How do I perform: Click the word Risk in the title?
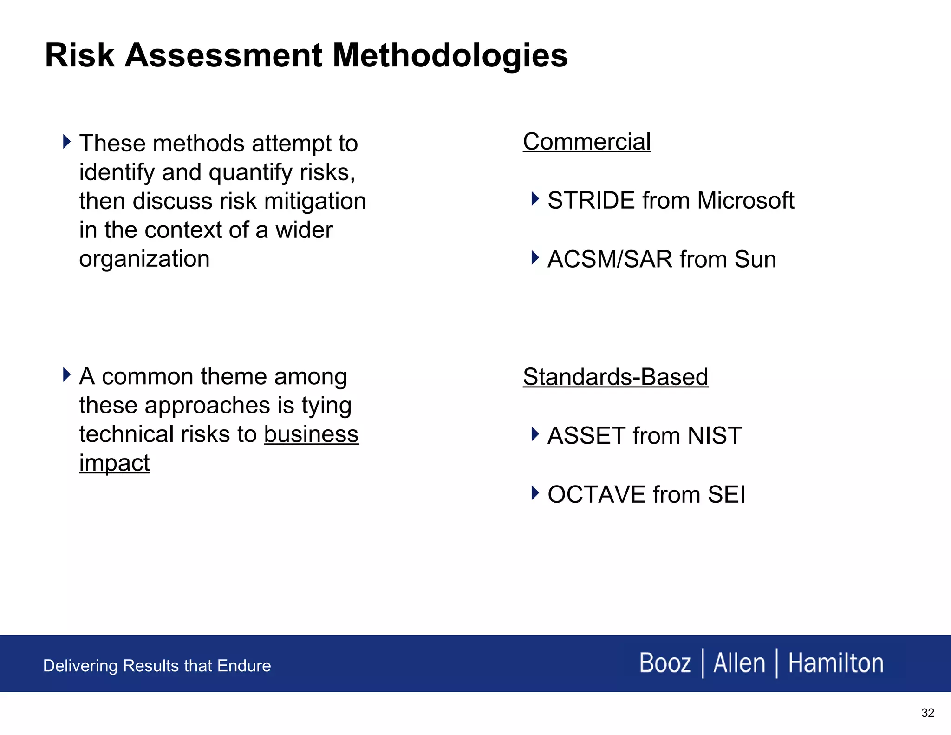[x=79, y=55]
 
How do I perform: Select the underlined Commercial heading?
[x=586, y=142]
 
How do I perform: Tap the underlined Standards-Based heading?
[x=615, y=377]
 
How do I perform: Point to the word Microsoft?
[x=745, y=201]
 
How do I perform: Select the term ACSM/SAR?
[x=609, y=259]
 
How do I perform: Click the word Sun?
[x=755, y=259]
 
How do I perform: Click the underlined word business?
[x=311, y=434]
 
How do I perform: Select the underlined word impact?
[x=114, y=463]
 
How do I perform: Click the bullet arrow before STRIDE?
[x=535, y=199]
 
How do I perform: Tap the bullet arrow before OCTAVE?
[x=535, y=492]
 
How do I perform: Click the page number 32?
[x=927, y=713]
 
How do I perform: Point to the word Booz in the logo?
[x=665, y=663]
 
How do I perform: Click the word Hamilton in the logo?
[x=835, y=663]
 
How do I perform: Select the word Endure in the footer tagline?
[x=244, y=666]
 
